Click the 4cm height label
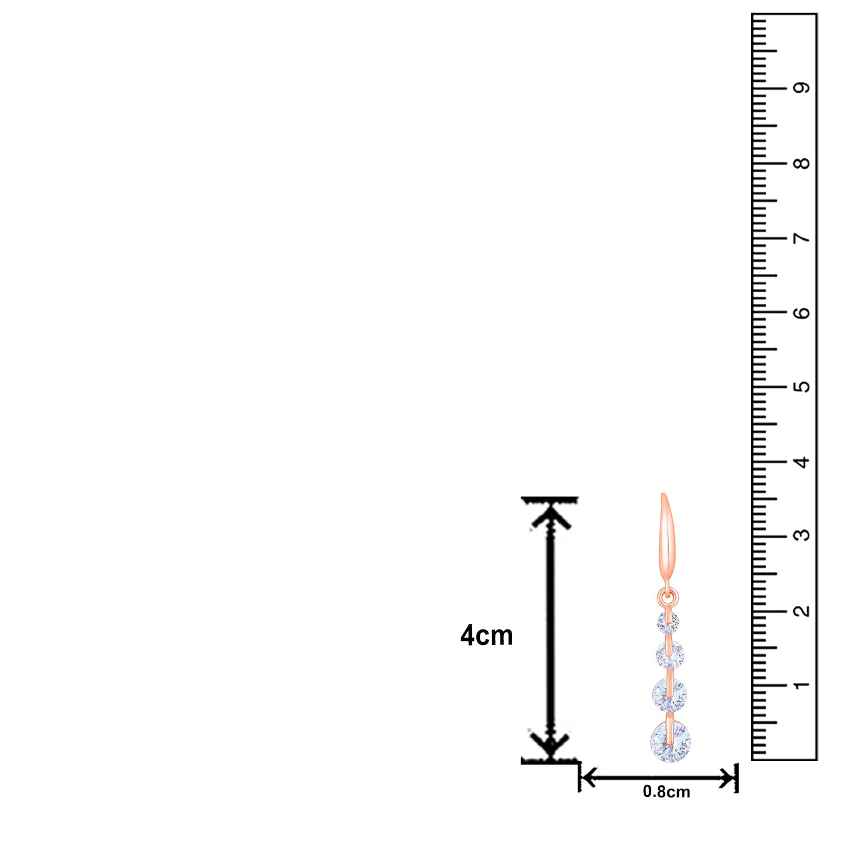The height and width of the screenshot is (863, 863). pos(487,636)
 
